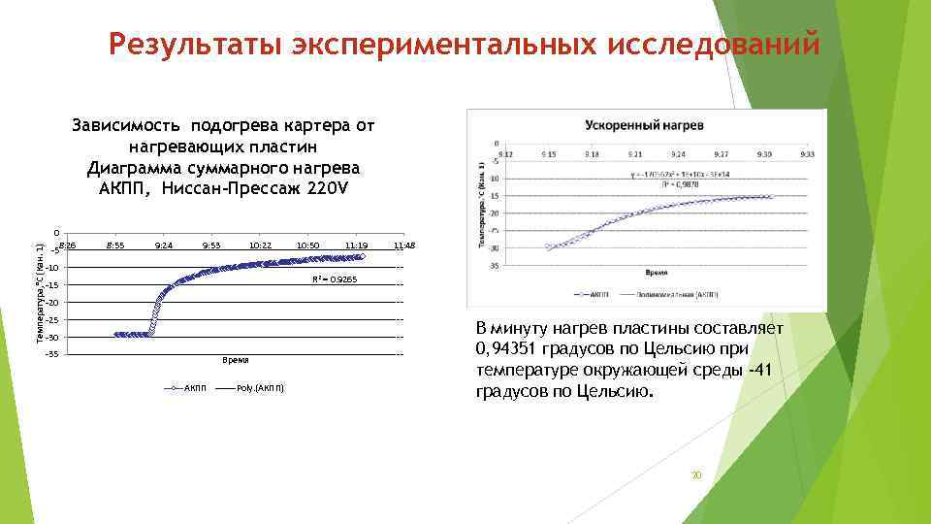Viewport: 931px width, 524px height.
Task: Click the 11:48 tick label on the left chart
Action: pyautogui.click(x=403, y=246)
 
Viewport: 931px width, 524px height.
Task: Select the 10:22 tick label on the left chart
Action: pyautogui.click(x=258, y=246)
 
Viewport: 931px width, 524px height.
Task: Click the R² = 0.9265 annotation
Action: pyautogui.click(x=334, y=280)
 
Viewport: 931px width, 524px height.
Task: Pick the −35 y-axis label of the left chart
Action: pyautogui.click(x=52, y=355)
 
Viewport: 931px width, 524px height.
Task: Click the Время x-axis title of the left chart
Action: pyautogui.click(x=236, y=361)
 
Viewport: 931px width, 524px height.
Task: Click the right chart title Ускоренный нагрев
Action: pyautogui.click(x=643, y=127)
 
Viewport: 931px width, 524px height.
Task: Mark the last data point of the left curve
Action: pyautogui.click(x=362, y=257)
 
